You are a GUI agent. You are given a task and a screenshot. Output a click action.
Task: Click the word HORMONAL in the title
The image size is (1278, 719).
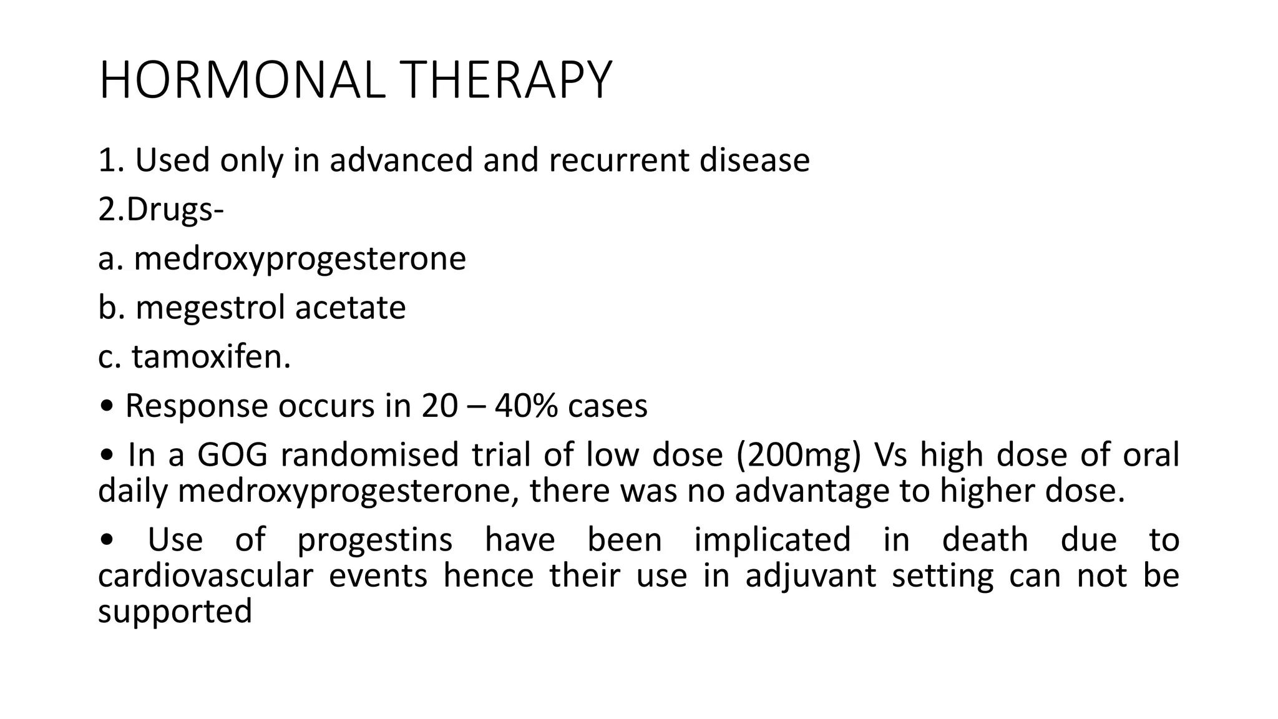click(242, 80)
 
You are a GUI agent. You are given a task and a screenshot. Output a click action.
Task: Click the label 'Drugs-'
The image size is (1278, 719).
click(175, 210)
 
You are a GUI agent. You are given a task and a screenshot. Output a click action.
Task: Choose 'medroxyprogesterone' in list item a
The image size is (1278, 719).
click(300, 258)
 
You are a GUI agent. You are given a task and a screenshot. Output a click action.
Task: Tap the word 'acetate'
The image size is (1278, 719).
click(350, 307)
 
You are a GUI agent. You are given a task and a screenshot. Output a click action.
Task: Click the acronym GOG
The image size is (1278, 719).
click(232, 454)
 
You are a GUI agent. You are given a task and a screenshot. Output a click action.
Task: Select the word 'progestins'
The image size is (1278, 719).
click(374, 540)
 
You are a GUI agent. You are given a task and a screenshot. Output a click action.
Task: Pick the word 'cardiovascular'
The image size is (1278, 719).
click(205, 575)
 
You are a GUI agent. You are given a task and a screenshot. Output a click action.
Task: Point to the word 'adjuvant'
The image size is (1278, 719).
click(811, 575)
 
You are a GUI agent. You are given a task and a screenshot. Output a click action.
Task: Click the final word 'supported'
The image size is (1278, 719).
click(175, 612)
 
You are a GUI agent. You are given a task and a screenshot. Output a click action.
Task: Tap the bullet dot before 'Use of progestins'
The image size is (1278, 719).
click(107, 541)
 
